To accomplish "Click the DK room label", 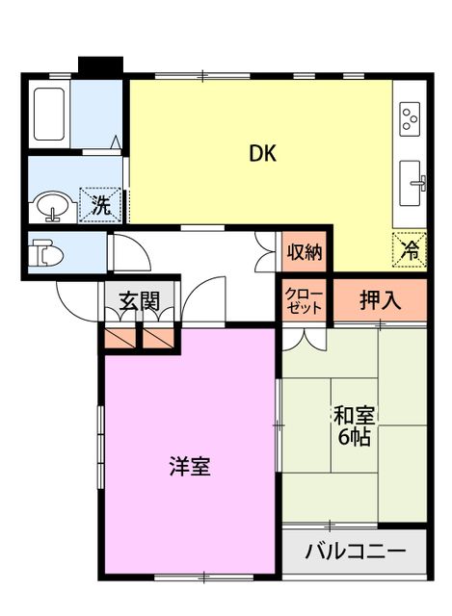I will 262,154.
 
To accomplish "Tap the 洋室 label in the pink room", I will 189,468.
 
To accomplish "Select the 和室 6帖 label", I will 355,425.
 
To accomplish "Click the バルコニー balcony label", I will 355,553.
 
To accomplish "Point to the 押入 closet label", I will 380,299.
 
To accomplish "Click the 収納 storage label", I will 305,253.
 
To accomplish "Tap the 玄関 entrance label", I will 140,300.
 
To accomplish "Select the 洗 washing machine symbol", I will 100,203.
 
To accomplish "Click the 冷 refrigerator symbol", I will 410,250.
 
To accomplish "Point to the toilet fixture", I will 45,254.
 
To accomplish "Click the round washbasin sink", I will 50,205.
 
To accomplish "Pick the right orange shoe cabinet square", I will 158,338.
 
